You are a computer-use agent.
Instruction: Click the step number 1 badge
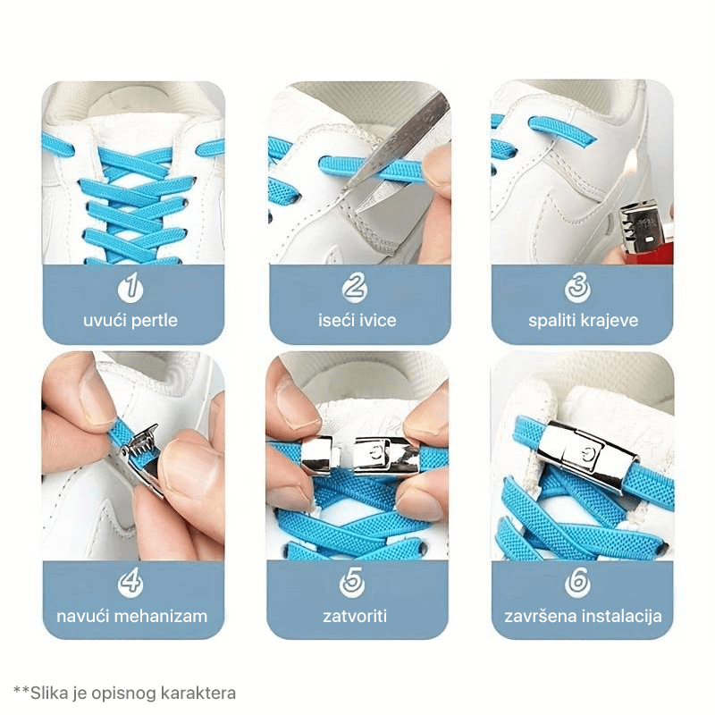click(x=131, y=288)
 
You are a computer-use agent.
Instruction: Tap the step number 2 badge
click(x=356, y=288)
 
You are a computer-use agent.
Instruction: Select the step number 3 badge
click(x=578, y=288)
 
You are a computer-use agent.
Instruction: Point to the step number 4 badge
click(x=131, y=583)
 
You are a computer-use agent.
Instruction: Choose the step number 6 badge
click(x=578, y=583)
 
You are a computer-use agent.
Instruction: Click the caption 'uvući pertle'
click(x=131, y=320)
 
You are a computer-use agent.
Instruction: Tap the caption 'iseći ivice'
click(x=356, y=320)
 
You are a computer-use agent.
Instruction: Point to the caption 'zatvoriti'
click(x=355, y=616)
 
